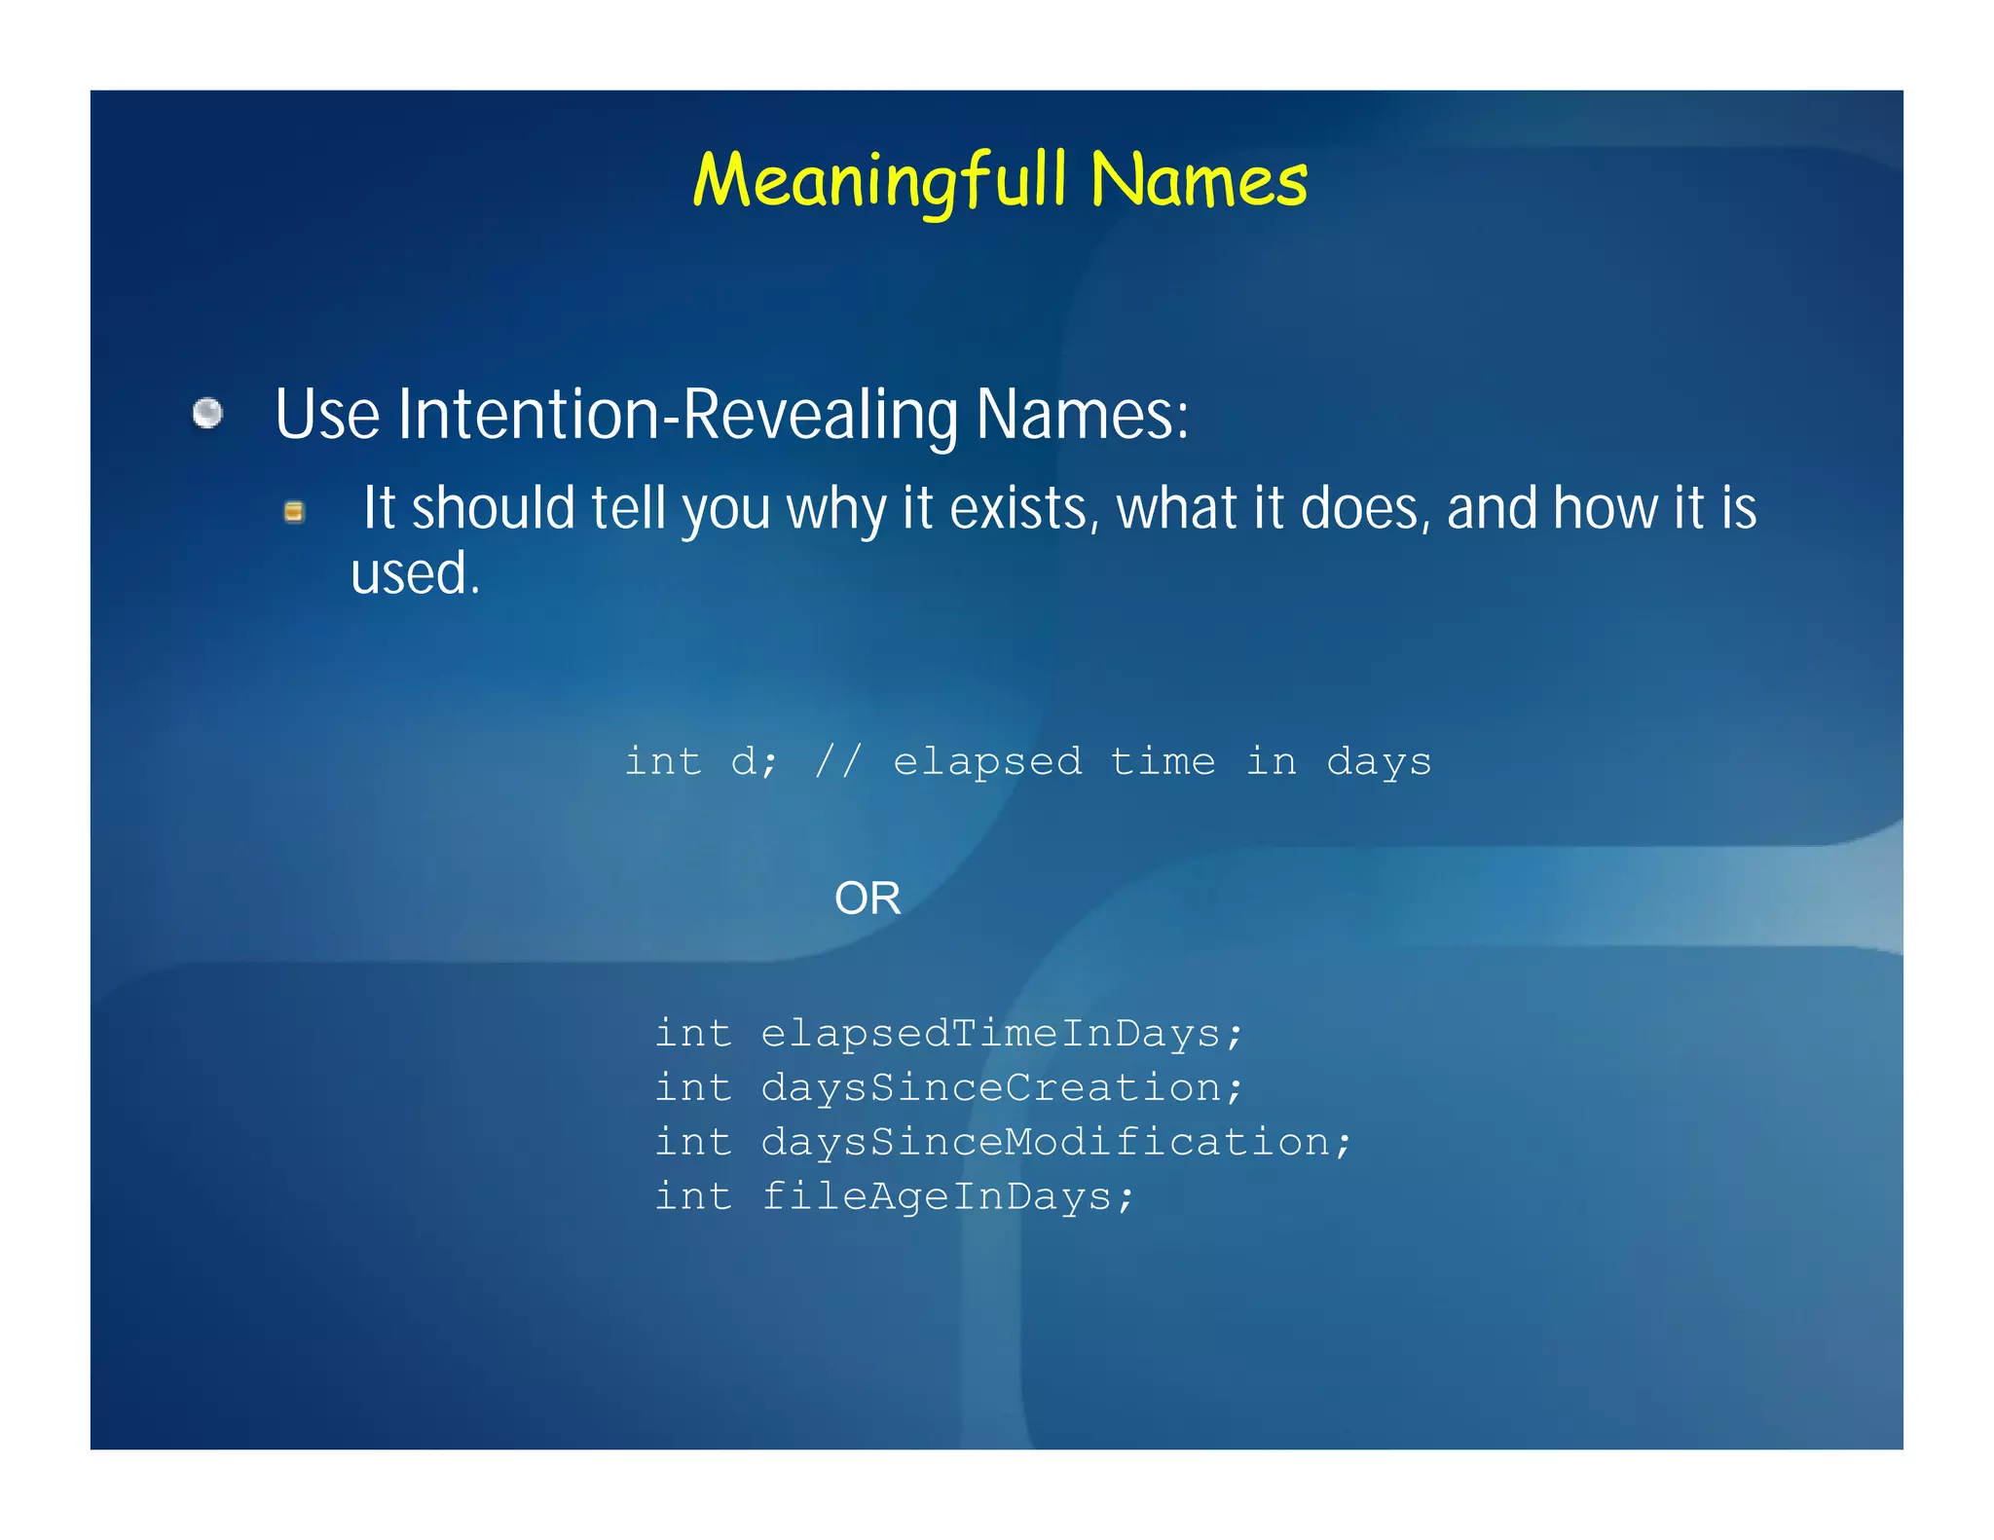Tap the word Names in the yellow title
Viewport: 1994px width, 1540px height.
pyautogui.click(x=1199, y=182)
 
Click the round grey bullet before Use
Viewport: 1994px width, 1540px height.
pyautogui.click(x=207, y=414)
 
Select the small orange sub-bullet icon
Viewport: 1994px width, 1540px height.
pyautogui.click(x=293, y=512)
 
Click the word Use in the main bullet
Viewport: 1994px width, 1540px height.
pyautogui.click(x=327, y=416)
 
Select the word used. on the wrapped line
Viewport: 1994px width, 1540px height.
pyautogui.click(x=416, y=573)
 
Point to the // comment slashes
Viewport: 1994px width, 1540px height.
pyautogui.click(x=838, y=761)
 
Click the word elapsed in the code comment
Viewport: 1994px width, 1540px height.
pyautogui.click(x=987, y=761)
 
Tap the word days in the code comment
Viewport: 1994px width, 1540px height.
pyautogui.click(x=1379, y=761)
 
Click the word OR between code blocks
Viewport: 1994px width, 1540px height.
pyautogui.click(x=868, y=898)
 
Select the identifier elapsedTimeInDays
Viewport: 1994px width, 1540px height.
pyautogui.click(x=1001, y=1033)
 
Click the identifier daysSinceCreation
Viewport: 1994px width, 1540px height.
pyautogui.click(x=1001, y=1087)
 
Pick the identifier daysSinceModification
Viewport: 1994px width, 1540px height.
pyautogui.click(x=1055, y=1142)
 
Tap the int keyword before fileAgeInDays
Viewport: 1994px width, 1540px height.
pyautogui.click(x=692, y=1196)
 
